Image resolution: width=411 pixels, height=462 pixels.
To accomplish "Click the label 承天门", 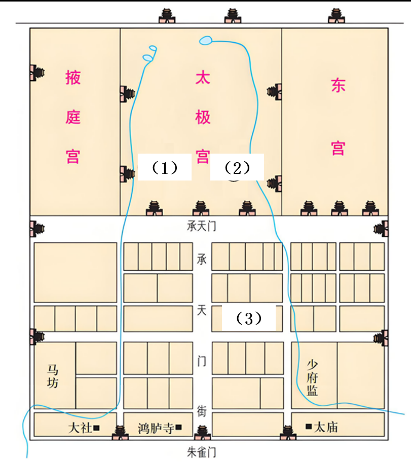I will click(x=201, y=226).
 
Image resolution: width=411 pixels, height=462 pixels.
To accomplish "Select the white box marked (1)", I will click(x=164, y=167).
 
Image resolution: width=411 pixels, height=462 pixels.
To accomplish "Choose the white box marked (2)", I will click(x=237, y=167).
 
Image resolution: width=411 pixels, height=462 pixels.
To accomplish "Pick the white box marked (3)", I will click(x=248, y=318).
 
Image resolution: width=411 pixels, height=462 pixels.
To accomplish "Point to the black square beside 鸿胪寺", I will click(x=178, y=428).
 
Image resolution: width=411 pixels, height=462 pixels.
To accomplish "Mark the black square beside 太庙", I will click(x=308, y=427).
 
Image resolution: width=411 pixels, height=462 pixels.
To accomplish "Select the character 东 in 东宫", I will click(x=338, y=85).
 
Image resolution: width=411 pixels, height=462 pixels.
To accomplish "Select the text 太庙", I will click(x=326, y=427).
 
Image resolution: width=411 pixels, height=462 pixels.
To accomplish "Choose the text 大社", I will click(x=80, y=428).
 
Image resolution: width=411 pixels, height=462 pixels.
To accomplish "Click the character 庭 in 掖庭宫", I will click(x=73, y=118).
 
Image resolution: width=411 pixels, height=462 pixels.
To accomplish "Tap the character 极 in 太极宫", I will click(x=203, y=118).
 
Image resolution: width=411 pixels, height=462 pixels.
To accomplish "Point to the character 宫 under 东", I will click(x=338, y=148).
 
